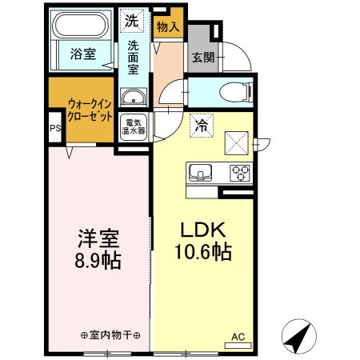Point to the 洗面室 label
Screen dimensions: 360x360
[x=134, y=57]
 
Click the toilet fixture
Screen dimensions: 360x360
[x=238, y=92]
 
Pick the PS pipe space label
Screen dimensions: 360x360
[x=55, y=127]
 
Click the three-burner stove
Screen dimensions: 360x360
[x=238, y=170]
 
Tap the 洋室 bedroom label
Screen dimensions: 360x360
[x=98, y=238]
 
